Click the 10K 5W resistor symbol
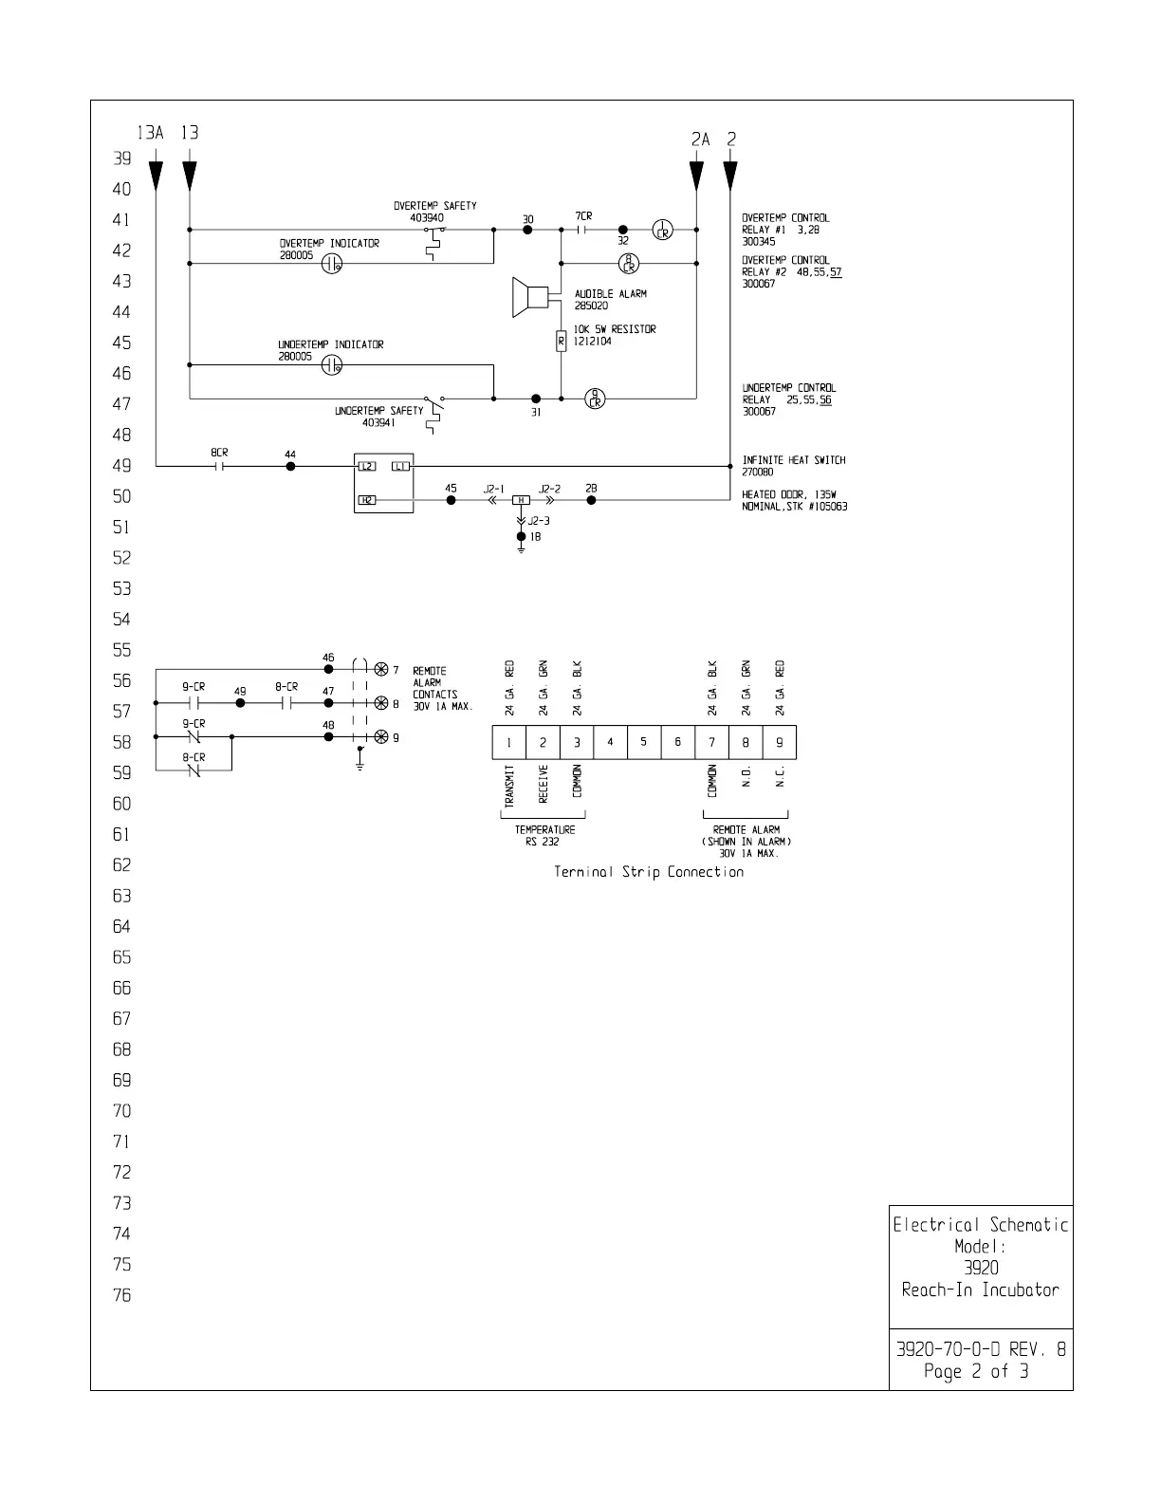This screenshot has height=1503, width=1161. point(561,341)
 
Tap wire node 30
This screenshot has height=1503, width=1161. point(527,230)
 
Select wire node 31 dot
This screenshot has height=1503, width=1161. point(536,399)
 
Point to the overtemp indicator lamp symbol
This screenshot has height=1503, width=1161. point(331,264)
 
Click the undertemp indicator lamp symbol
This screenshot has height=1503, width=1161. point(331,364)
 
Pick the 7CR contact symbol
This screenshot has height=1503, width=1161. point(583,230)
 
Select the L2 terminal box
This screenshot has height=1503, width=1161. point(367,466)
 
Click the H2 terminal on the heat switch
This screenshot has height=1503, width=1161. point(367,499)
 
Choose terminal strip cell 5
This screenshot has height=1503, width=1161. point(644,742)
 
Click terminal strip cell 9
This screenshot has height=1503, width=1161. point(780,742)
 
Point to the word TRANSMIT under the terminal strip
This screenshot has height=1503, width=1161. point(509,787)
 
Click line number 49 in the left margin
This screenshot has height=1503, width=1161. point(122,466)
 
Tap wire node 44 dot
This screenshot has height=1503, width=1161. point(290,466)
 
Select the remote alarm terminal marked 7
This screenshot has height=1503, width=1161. point(381,669)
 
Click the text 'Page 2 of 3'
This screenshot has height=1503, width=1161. point(976,1371)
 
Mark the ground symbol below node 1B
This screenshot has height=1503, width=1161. point(521,550)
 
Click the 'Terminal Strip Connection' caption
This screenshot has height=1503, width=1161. point(649,872)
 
